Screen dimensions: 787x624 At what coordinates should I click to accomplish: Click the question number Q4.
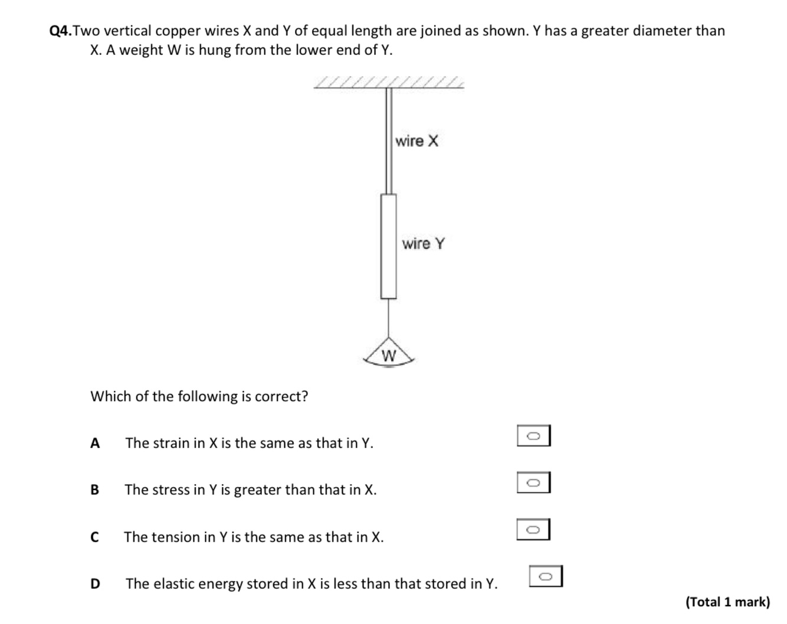[x=61, y=31]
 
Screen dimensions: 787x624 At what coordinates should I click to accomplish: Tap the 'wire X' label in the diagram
[x=417, y=141]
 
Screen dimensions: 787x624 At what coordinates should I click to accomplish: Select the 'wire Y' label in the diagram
[x=424, y=244]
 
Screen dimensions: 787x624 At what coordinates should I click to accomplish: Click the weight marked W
[x=389, y=355]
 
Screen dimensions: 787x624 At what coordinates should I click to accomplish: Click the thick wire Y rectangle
[x=388, y=247]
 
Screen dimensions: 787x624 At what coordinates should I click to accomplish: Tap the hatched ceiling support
[x=389, y=82]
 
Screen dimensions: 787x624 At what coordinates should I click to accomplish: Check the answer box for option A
[x=533, y=436]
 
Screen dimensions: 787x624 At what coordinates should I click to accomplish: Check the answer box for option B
[x=533, y=482]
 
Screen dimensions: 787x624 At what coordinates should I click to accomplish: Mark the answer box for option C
[x=533, y=530]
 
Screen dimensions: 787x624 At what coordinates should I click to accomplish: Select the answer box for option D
[x=546, y=576]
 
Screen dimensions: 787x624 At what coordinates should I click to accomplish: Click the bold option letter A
[x=95, y=443]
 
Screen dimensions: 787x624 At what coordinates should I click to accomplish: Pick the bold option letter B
[x=95, y=490]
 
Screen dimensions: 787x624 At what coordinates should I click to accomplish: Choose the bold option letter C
[x=94, y=537]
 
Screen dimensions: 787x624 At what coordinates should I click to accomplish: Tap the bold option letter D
[x=95, y=584]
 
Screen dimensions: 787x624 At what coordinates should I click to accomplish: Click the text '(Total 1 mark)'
[x=727, y=602]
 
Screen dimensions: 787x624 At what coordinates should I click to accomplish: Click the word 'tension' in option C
[x=179, y=537]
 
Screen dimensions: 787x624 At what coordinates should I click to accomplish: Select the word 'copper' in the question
[x=177, y=31]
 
